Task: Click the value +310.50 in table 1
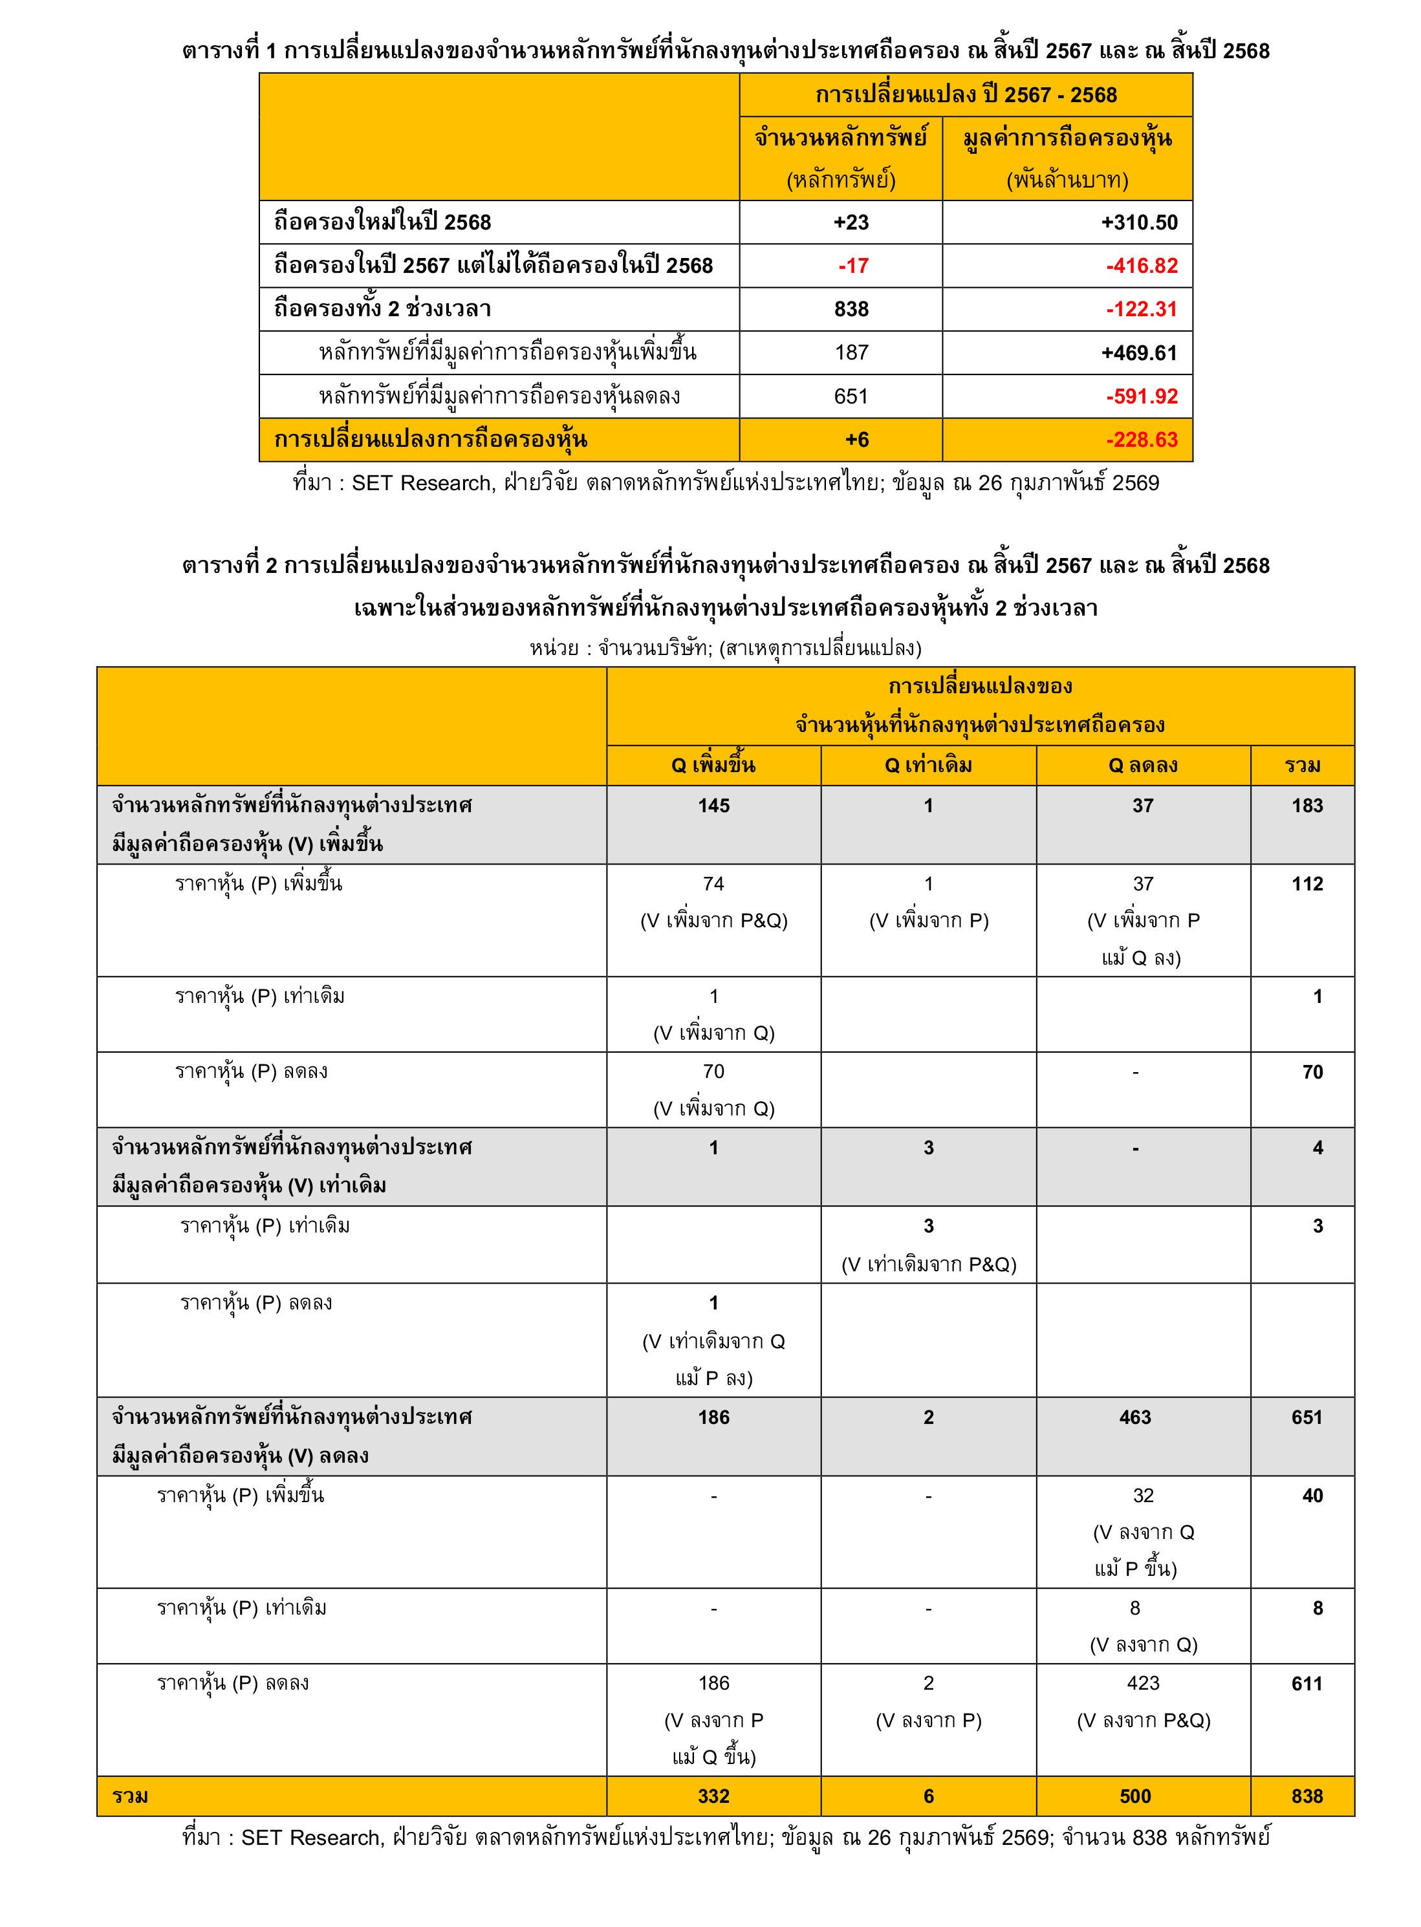pyautogui.click(x=1139, y=222)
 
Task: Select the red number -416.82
pyautogui.click(x=1142, y=266)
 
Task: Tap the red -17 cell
pyautogui.click(x=853, y=266)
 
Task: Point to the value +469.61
pyautogui.click(x=1139, y=352)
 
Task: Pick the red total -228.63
pyautogui.click(x=1142, y=440)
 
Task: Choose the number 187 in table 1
pyautogui.click(x=852, y=352)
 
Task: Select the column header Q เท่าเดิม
pyautogui.click(x=928, y=765)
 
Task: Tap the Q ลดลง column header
pyautogui.click(x=1142, y=765)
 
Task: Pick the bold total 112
pyautogui.click(x=1307, y=884)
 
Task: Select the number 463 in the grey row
pyautogui.click(x=1134, y=1417)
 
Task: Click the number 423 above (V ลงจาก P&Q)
pyautogui.click(x=1142, y=1683)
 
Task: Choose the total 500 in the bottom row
pyautogui.click(x=1134, y=1796)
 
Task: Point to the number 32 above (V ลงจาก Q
pyautogui.click(x=1142, y=1495)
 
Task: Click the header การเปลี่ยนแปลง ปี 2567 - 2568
pyautogui.click(x=965, y=94)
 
